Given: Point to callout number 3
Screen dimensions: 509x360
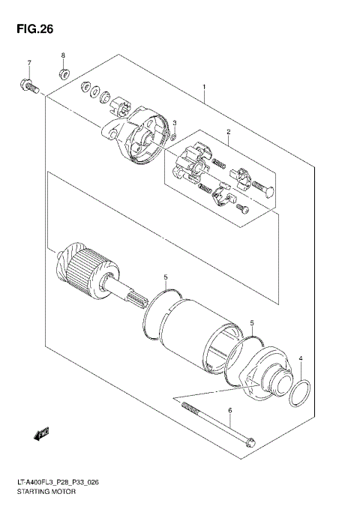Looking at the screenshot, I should (174, 123).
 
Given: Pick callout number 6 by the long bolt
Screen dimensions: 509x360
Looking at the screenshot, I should (230, 409).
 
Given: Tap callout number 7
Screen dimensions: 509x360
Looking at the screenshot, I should (29, 62).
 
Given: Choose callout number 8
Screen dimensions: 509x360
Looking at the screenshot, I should (64, 56).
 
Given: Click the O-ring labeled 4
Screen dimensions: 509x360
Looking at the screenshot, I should (300, 391).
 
